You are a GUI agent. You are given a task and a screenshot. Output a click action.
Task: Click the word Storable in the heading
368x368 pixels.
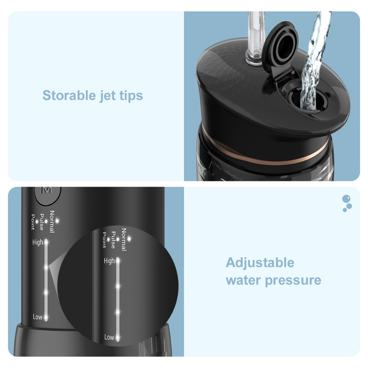(69, 95)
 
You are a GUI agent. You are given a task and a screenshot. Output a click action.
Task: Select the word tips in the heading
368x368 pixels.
(131, 96)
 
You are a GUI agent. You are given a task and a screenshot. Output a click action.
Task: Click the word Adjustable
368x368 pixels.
(260, 263)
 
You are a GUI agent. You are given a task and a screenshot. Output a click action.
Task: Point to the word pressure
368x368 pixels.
(293, 281)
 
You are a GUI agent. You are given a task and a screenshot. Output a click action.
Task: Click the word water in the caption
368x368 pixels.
(243, 280)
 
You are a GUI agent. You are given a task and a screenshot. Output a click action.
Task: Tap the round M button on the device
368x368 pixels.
(48, 193)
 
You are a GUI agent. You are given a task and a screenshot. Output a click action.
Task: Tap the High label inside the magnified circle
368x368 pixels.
(109, 261)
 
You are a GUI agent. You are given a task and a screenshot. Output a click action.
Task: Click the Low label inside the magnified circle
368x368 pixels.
(109, 337)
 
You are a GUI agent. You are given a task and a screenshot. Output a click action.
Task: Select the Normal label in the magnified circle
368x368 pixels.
(124, 240)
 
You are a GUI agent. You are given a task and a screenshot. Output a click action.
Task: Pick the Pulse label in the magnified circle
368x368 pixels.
(113, 240)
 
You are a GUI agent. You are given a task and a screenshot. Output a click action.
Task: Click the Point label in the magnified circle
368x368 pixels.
(104, 240)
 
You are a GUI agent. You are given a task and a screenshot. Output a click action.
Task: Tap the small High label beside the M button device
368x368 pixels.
(37, 242)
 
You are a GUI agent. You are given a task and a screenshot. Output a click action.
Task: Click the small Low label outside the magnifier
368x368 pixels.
(37, 317)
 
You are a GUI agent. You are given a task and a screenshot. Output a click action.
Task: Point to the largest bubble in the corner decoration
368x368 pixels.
(346, 198)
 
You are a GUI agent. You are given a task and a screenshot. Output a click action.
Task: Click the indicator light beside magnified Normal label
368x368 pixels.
(129, 239)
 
